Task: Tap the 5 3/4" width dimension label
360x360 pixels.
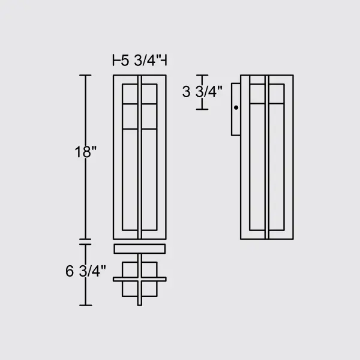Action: [x=139, y=60]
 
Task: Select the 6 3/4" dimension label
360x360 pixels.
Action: [x=86, y=271]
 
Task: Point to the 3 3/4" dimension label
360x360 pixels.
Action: [x=202, y=92]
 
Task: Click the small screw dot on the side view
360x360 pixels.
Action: [x=236, y=108]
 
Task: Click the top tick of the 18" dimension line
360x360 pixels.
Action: [x=85, y=76]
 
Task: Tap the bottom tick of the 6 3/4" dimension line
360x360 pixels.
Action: [x=85, y=305]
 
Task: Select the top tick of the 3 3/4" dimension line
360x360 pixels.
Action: [x=203, y=76]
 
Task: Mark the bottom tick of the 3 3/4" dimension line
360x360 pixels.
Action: [x=203, y=109]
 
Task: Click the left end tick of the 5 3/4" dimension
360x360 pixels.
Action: [x=114, y=60]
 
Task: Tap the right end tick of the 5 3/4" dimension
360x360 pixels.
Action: [x=165, y=60]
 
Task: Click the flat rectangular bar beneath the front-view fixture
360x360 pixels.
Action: [x=139, y=248]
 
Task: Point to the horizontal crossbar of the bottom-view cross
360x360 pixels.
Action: [x=139, y=279]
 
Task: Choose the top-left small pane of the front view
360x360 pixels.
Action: [x=130, y=94]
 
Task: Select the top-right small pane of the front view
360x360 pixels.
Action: [x=149, y=94]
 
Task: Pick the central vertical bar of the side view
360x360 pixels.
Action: [x=266, y=156]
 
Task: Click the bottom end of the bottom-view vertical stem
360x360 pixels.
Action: [x=140, y=304]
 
